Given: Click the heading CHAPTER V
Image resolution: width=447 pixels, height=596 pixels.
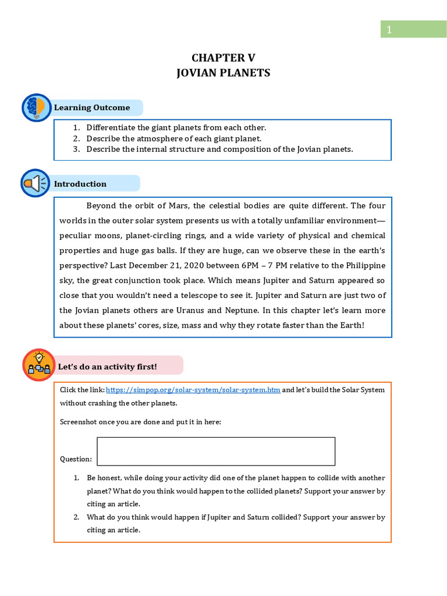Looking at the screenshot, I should coord(223,58).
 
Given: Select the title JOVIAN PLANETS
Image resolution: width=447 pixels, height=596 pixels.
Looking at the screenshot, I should coord(223,73).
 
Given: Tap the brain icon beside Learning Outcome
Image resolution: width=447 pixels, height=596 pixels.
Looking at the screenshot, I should coord(37,108).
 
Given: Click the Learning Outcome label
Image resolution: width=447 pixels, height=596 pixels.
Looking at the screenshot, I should coord(92,108).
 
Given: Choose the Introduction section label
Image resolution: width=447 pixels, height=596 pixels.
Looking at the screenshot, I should coord(80,184).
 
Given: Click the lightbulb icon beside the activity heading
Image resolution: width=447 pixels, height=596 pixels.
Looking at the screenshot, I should coord(39,366).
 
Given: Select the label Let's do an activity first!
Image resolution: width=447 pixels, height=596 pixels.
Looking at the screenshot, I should coord(107,367).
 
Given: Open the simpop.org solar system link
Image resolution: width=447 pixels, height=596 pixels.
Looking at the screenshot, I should coord(193,390).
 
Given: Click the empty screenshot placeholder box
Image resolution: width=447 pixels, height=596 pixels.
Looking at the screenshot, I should coord(216,452).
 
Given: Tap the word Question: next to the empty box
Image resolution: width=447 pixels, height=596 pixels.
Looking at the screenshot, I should coord(76,459).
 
